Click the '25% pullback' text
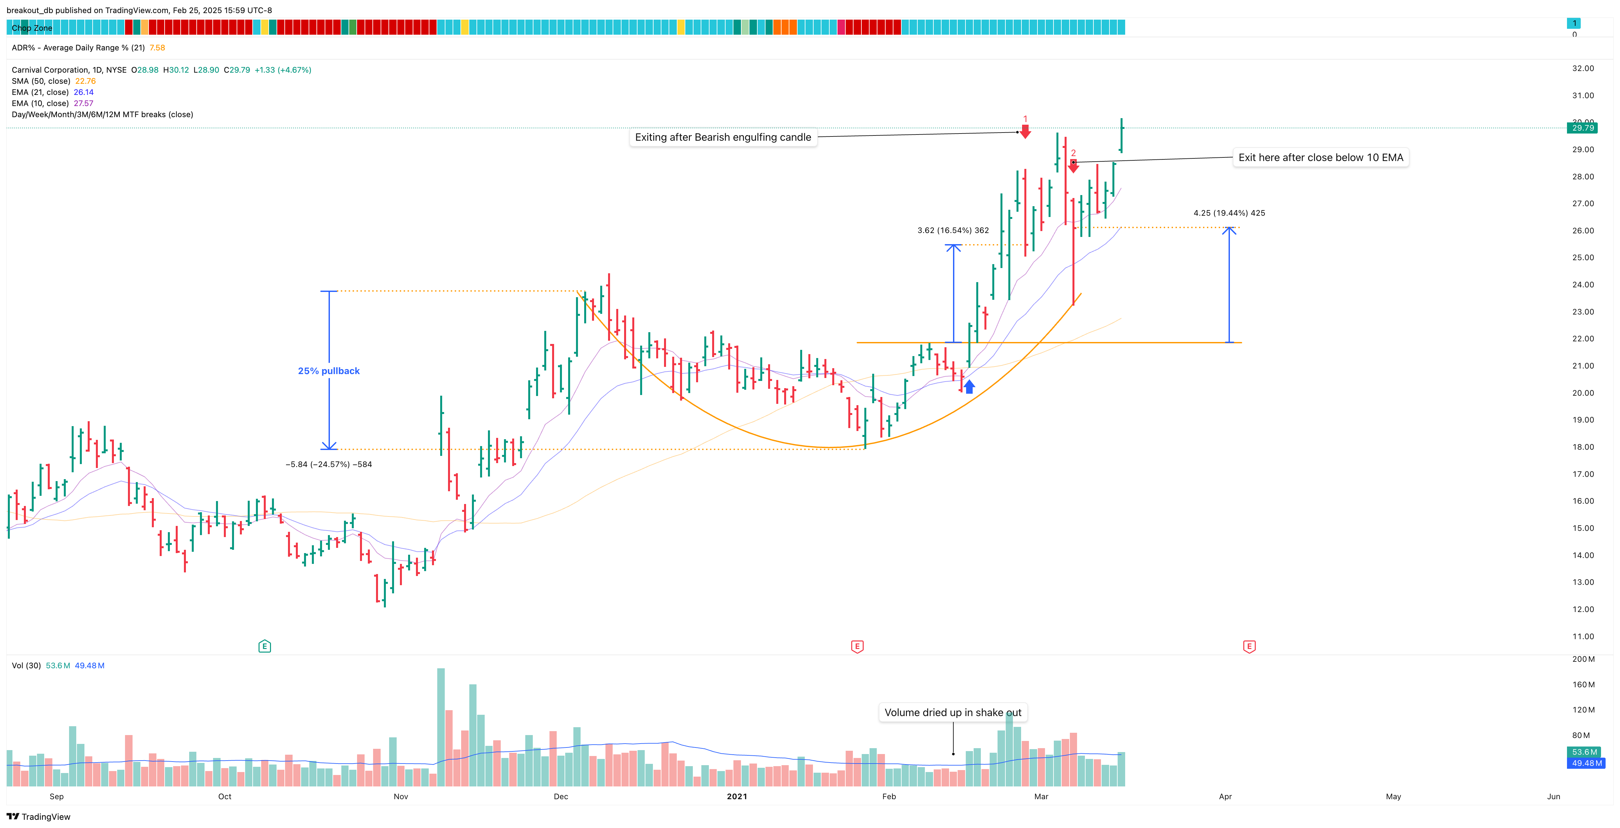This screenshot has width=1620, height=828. (329, 371)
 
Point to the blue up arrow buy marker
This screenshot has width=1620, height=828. (969, 387)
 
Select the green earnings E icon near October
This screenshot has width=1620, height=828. (265, 646)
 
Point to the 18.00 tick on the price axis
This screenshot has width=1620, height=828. (1583, 447)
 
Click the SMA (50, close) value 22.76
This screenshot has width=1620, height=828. (85, 81)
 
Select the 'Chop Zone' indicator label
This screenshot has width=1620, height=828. (32, 28)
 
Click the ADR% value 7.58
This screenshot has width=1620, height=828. (157, 48)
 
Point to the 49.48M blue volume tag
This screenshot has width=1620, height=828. (1587, 763)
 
